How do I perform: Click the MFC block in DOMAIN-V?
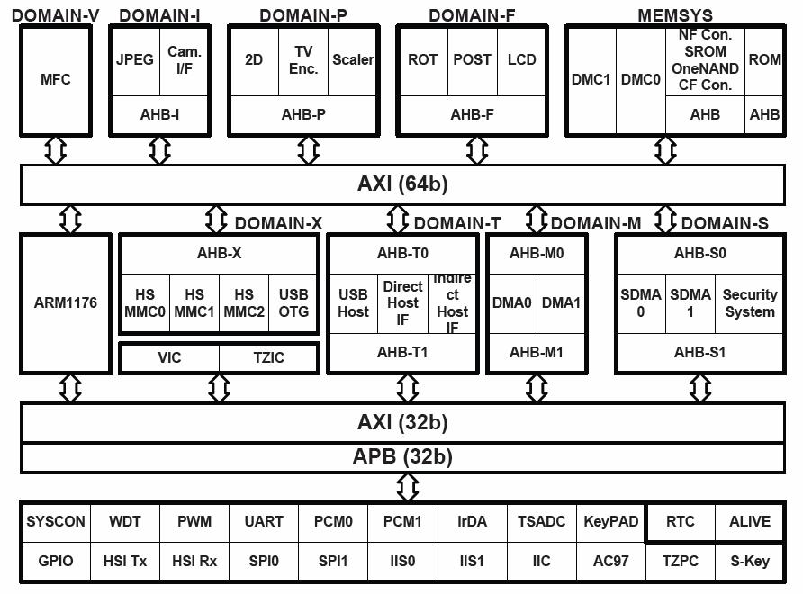coord(56,80)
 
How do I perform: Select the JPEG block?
coord(135,60)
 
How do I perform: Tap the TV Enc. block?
coord(303,60)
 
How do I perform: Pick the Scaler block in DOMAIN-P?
coord(353,60)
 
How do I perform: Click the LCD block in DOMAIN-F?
coord(521,60)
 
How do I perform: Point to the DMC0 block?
coord(641,80)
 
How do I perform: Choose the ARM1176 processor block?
coord(66,303)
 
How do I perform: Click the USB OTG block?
coord(293,303)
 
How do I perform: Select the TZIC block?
coord(269,357)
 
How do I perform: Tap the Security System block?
coord(750,303)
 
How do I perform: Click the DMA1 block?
coord(561,303)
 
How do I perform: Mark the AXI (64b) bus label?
coord(402,184)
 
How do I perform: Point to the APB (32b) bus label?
coord(402,457)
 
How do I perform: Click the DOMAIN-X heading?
coord(278,224)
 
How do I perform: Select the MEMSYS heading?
coord(675,16)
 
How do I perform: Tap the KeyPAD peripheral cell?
coord(611,522)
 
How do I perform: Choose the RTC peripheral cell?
coord(680,522)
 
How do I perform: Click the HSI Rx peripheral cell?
coord(194,562)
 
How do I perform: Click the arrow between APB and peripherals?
coord(408,487)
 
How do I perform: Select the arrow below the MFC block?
coord(56,150)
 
